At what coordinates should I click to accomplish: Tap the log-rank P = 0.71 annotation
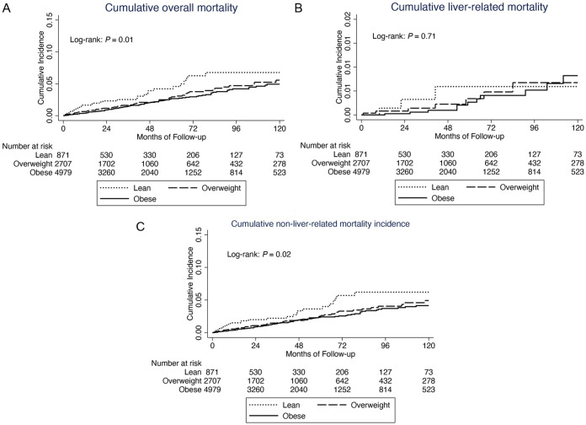tap(402, 37)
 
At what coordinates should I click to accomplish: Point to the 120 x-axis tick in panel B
tap(578, 125)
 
